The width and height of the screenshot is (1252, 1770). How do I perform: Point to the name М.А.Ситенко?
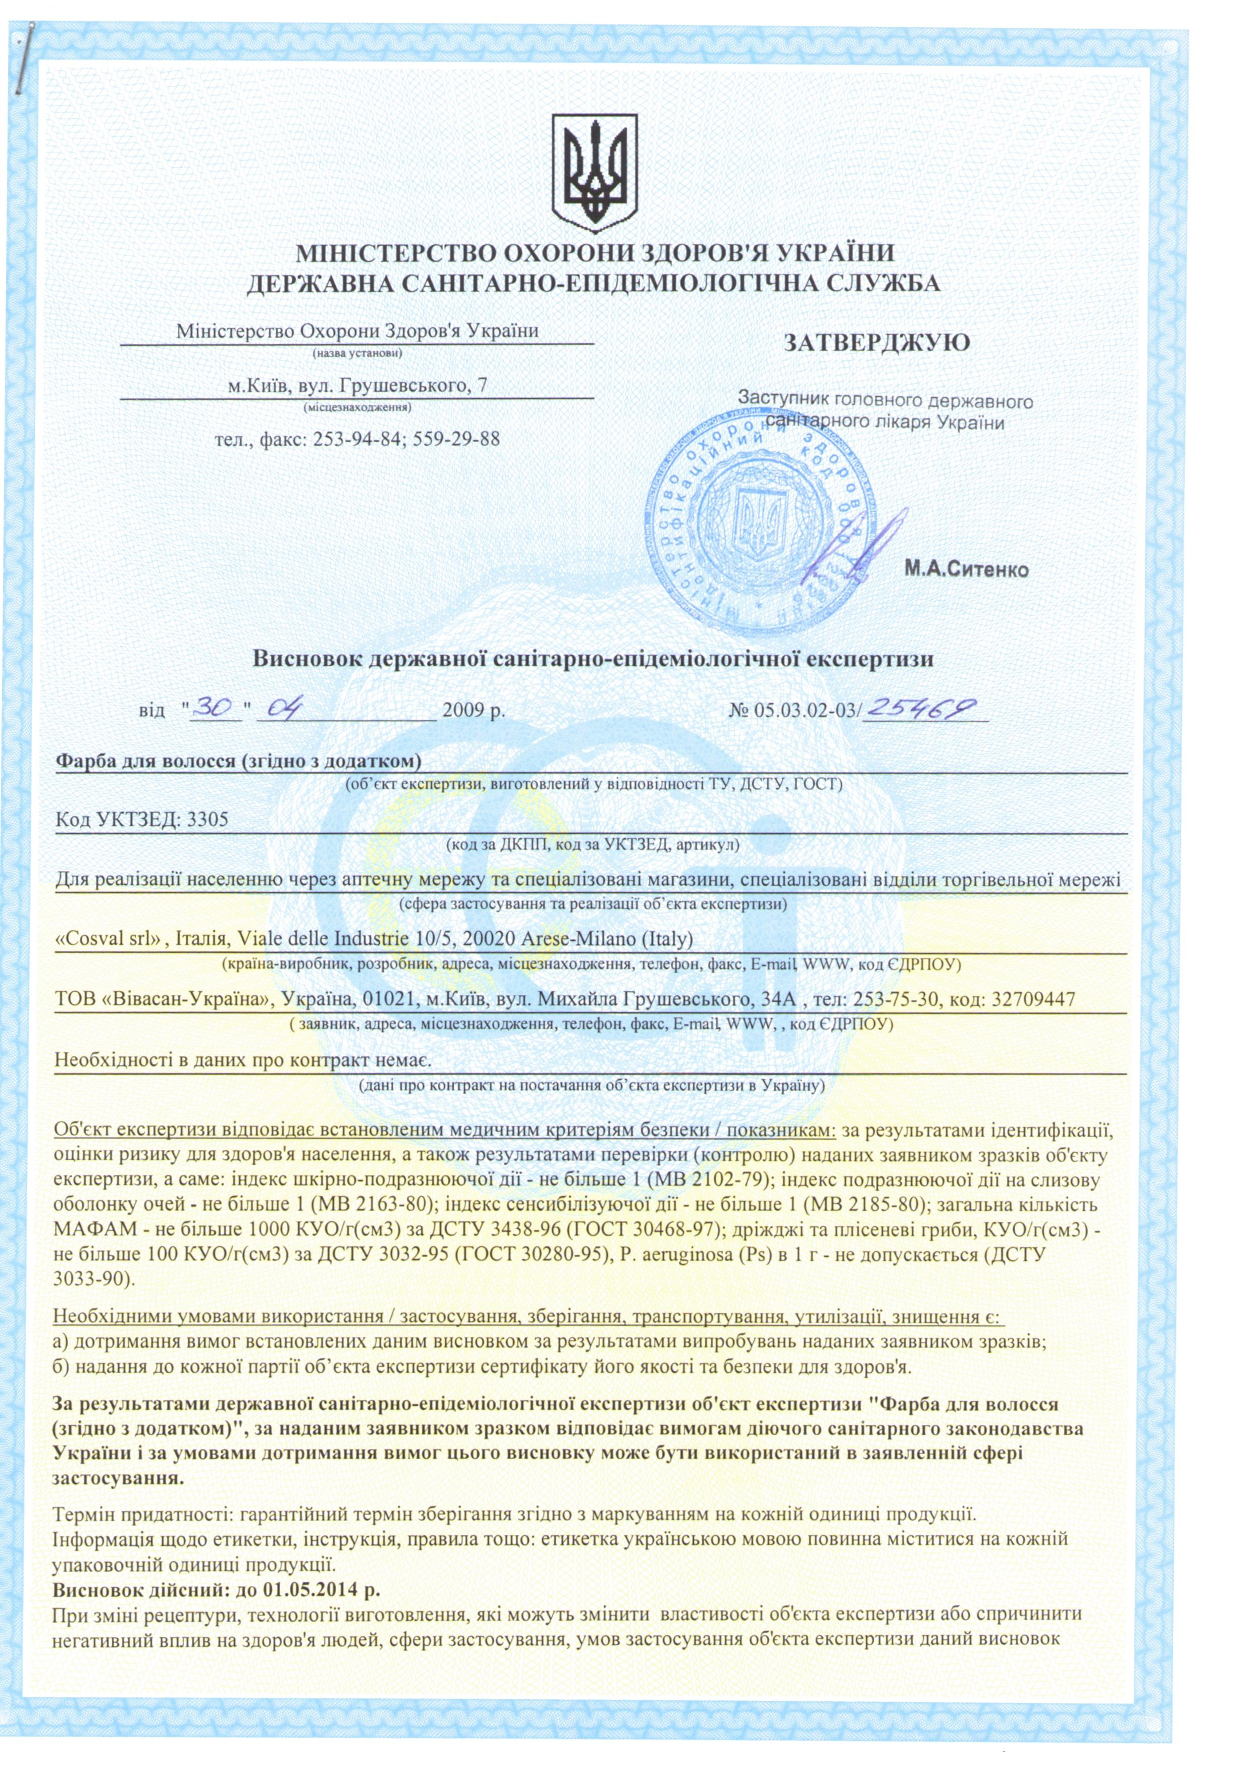pyautogui.click(x=966, y=570)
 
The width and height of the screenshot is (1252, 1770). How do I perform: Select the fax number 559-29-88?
pyautogui.click(x=456, y=440)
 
